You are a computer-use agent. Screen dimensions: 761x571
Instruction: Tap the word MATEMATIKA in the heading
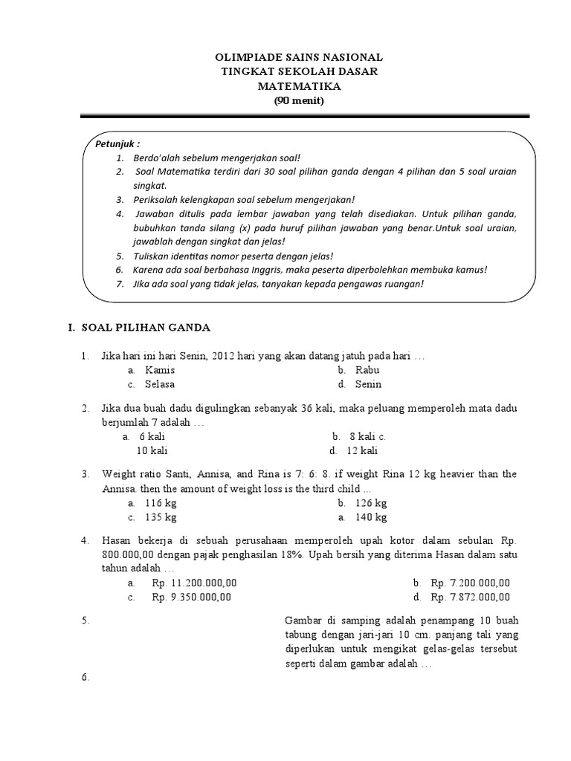pyautogui.click(x=299, y=86)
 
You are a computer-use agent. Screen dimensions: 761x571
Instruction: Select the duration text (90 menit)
pyautogui.click(x=299, y=101)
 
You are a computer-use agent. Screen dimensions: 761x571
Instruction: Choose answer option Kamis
pyautogui.click(x=160, y=370)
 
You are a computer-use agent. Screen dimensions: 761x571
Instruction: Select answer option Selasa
pyautogui.click(x=160, y=384)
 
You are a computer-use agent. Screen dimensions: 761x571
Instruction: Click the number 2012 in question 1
pyautogui.click(x=223, y=356)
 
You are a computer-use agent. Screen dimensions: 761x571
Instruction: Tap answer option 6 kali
pyautogui.click(x=152, y=437)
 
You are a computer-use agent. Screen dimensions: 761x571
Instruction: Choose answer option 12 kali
pyautogui.click(x=363, y=451)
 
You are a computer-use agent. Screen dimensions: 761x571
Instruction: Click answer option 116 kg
pyautogui.click(x=161, y=503)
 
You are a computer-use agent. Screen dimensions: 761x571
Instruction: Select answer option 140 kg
pyautogui.click(x=371, y=517)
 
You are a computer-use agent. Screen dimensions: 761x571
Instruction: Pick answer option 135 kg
pyautogui.click(x=161, y=517)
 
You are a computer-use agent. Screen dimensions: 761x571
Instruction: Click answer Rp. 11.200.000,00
pyautogui.click(x=194, y=583)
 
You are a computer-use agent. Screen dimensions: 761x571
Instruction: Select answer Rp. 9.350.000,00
pyautogui.click(x=192, y=597)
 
